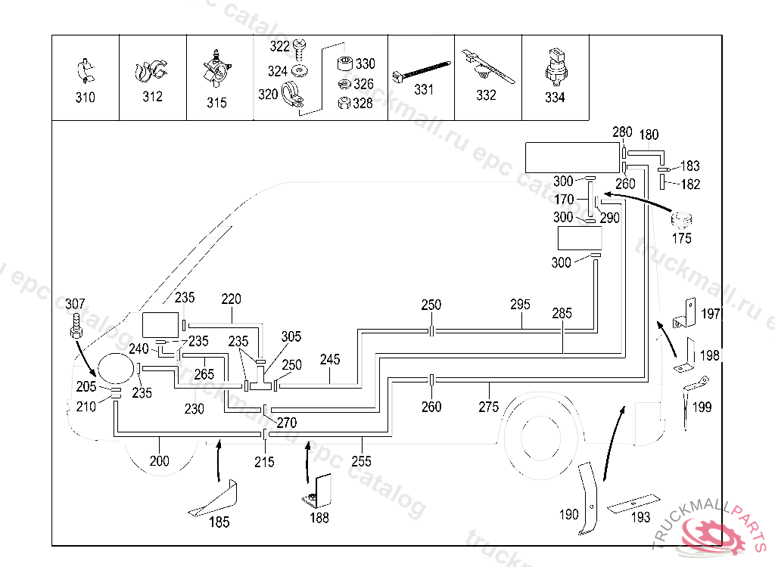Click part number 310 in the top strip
(x=86, y=98)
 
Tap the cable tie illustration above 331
(x=419, y=75)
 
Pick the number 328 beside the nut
(x=363, y=104)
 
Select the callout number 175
(x=682, y=239)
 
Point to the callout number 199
(x=702, y=407)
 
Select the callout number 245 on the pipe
(x=331, y=360)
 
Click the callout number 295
(x=520, y=305)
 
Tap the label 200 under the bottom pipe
(x=159, y=461)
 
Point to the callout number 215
(x=264, y=462)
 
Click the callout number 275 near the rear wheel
(x=489, y=407)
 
